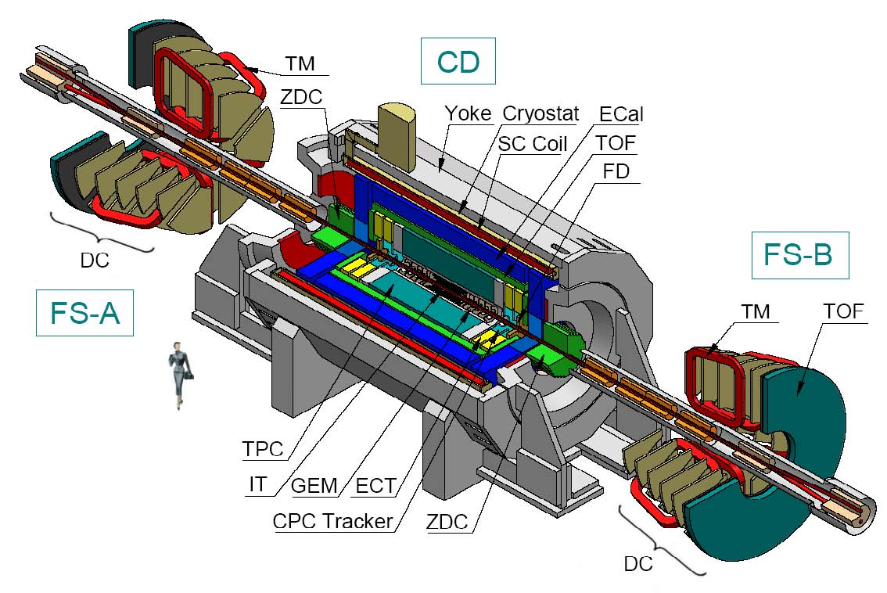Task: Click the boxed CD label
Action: click(x=458, y=62)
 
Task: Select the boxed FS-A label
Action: click(x=84, y=313)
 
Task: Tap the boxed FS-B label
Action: click(x=799, y=255)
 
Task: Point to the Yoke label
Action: click(x=468, y=113)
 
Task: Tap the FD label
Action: click(x=617, y=171)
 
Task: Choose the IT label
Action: click(x=257, y=485)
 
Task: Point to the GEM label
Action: click(x=314, y=486)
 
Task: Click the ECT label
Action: click(x=375, y=486)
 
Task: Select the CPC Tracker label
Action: click(x=332, y=520)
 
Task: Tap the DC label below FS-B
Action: click(x=638, y=563)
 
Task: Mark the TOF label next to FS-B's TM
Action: click(x=843, y=311)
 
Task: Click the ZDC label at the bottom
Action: click(x=447, y=522)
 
